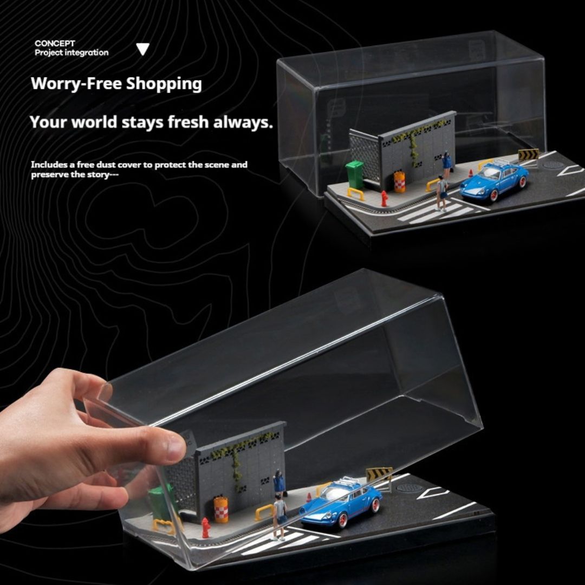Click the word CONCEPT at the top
[55, 43]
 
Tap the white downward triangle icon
[142, 49]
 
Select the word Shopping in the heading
[164, 84]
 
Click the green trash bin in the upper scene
[355, 174]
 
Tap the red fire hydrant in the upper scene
[384, 198]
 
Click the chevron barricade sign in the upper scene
[528, 155]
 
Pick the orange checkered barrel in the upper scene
[400, 181]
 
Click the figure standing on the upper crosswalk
[442, 193]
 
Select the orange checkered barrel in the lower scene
[220, 509]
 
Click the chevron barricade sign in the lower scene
[379, 474]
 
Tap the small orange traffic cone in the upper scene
[471, 173]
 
